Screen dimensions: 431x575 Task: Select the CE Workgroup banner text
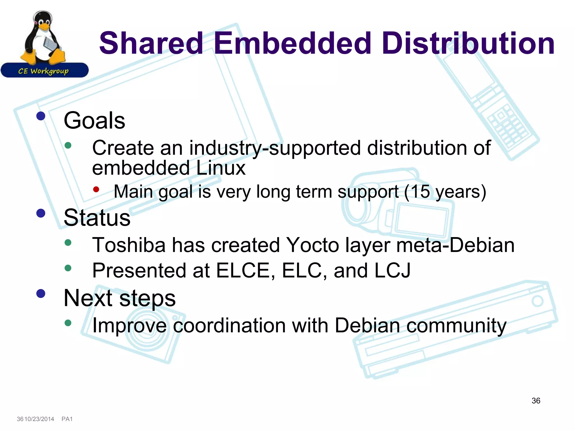(x=43, y=71)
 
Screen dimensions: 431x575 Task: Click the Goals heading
(x=94, y=120)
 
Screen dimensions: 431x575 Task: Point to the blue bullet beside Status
(x=41, y=213)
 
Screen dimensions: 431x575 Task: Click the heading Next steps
(x=120, y=298)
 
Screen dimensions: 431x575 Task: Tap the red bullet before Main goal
(x=96, y=189)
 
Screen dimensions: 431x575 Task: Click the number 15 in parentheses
(x=420, y=192)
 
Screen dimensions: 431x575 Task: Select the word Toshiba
(x=129, y=245)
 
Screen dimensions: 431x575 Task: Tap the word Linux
(x=221, y=168)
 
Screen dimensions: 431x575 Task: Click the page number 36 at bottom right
(x=536, y=401)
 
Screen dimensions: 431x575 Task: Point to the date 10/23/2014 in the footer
(x=39, y=419)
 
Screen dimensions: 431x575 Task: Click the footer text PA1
(x=67, y=419)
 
